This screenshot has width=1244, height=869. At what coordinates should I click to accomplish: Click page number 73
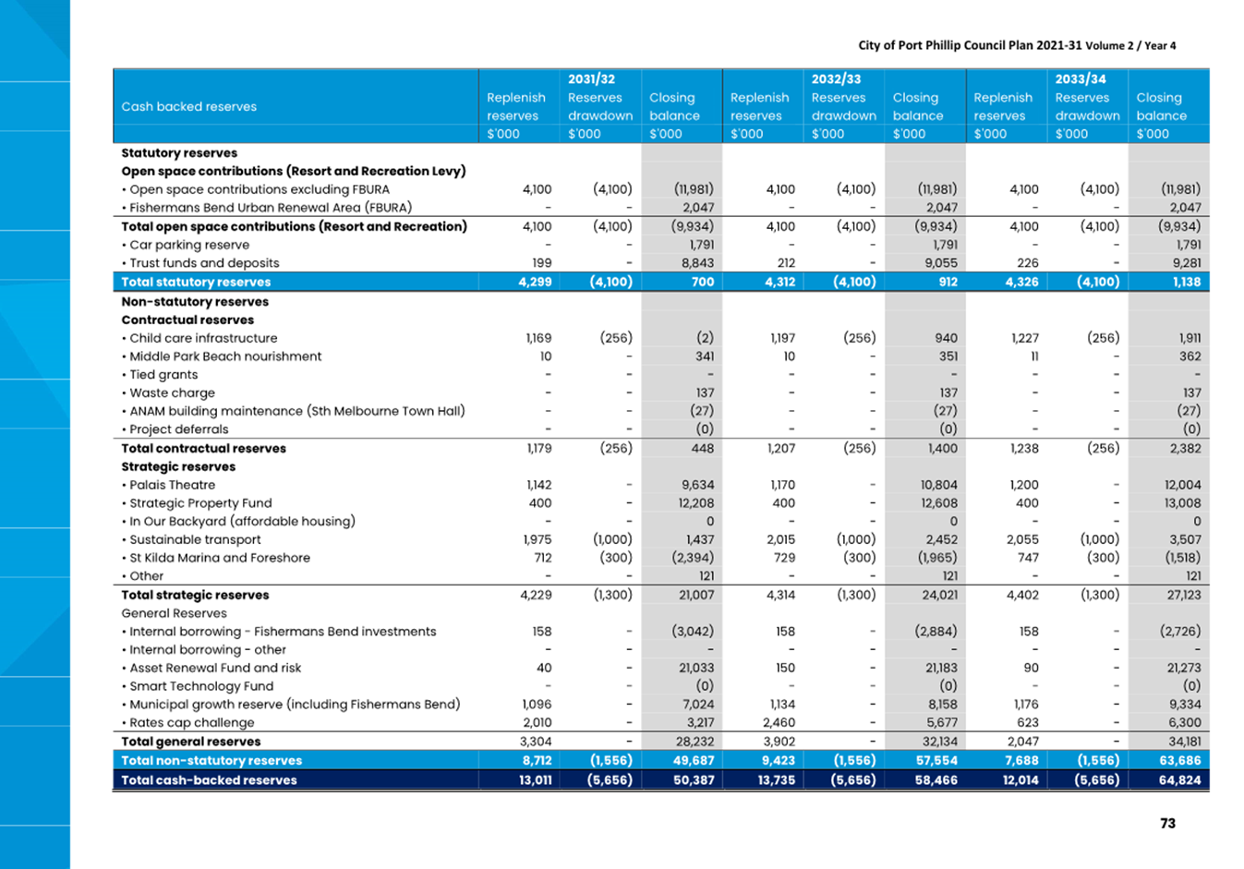click(1167, 823)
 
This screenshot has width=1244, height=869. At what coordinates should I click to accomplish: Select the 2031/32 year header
click(591, 78)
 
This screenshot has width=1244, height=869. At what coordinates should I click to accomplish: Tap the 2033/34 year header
click(1081, 78)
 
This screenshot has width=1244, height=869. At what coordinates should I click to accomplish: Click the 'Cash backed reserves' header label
click(188, 106)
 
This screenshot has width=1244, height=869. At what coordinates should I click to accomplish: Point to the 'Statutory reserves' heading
click(179, 152)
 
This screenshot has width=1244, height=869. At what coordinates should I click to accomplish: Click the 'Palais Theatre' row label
click(172, 485)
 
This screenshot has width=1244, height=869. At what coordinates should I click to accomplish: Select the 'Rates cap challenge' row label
click(191, 722)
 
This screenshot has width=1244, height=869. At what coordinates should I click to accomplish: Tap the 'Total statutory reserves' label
click(196, 282)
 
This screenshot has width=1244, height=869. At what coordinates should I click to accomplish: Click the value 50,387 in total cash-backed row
click(694, 779)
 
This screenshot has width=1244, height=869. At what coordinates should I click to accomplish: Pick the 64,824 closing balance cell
click(1180, 779)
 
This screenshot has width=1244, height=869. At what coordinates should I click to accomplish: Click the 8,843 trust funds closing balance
click(698, 262)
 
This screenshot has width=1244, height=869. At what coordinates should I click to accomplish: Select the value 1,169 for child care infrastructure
click(538, 338)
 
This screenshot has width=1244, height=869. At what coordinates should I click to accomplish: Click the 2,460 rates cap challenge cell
click(779, 722)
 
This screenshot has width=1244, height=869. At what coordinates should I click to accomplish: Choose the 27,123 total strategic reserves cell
click(1183, 595)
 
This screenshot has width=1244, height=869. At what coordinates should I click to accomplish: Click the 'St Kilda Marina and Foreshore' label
click(220, 558)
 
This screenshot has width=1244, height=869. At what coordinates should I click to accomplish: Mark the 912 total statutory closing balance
click(948, 282)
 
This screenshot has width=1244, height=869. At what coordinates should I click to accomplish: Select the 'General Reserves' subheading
click(175, 613)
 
